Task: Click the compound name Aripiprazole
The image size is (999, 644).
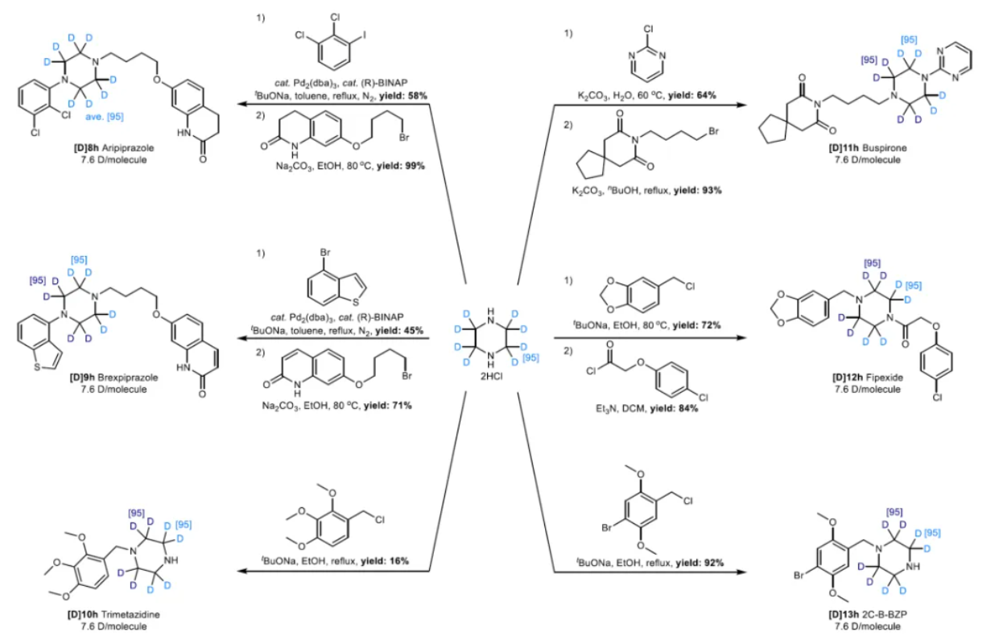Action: click(127, 147)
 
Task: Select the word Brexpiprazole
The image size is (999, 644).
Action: click(127, 378)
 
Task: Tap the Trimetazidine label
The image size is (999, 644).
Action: click(130, 614)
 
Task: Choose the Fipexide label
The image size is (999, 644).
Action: click(885, 378)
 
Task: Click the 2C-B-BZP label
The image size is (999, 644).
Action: click(885, 614)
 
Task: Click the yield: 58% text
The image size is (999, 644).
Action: click(403, 96)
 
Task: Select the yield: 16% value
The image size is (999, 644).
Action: click(385, 560)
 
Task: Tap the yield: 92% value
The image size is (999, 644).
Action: click(700, 563)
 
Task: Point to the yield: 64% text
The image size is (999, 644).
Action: click(691, 96)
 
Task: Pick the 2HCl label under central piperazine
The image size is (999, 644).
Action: click(491, 377)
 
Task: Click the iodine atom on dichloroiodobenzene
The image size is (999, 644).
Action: click(365, 35)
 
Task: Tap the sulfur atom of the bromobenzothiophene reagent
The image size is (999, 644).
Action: click(356, 303)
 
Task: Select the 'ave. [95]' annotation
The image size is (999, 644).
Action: click(105, 117)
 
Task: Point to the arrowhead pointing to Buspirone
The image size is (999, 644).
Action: click(741, 105)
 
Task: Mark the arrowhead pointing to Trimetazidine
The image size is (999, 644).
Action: click(241, 572)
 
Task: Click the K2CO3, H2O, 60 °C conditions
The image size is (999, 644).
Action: click(621, 96)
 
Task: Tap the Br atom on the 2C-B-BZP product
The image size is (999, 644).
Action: click(799, 576)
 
